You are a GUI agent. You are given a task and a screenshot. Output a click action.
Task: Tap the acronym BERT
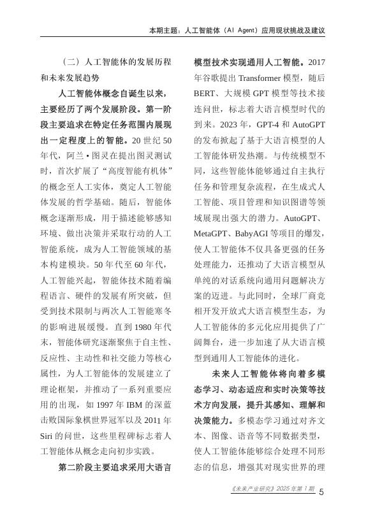pyautogui.click(x=206, y=94)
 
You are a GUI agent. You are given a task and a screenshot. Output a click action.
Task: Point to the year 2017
pyautogui.click(x=317, y=62)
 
